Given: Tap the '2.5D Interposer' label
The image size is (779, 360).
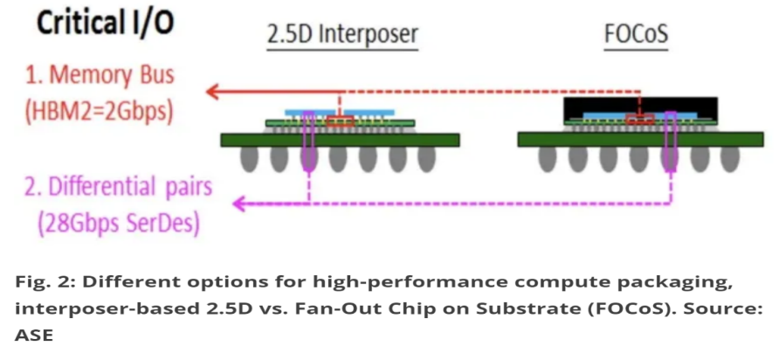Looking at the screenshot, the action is pyautogui.click(x=342, y=34).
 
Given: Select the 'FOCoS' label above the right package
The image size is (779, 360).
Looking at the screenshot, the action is pyautogui.click(x=636, y=34).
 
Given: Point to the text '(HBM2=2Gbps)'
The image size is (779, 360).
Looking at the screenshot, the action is pyautogui.click(x=99, y=113).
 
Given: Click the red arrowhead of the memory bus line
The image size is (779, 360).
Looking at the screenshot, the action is pyautogui.click(x=214, y=92).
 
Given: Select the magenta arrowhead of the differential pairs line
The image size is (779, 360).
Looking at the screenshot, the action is pyautogui.click(x=241, y=203).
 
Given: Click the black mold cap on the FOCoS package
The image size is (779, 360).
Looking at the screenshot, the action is pyautogui.click(x=641, y=108).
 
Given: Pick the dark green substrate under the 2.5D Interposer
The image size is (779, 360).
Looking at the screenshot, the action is pyautogui.click(x=340, y=140).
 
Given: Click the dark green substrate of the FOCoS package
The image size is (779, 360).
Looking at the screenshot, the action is pyautogui.click(x=640, y=139).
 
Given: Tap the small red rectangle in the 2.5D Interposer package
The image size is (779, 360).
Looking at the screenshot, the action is pyautogui.click(x=341, y=121).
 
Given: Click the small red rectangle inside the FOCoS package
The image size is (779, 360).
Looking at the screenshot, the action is pyautogui.click(x=640, y=120).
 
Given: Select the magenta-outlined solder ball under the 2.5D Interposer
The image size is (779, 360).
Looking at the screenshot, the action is pyautogui.click(x=308, y=159).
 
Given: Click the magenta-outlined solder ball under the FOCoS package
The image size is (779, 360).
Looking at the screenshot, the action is pyautogui.click(x=670, y=159).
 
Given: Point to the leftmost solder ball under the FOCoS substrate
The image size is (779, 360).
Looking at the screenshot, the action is pyautogui.click(x=548, y=159).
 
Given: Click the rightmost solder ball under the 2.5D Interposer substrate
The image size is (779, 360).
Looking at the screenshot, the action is pyautogui.click(x=427, y=159).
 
